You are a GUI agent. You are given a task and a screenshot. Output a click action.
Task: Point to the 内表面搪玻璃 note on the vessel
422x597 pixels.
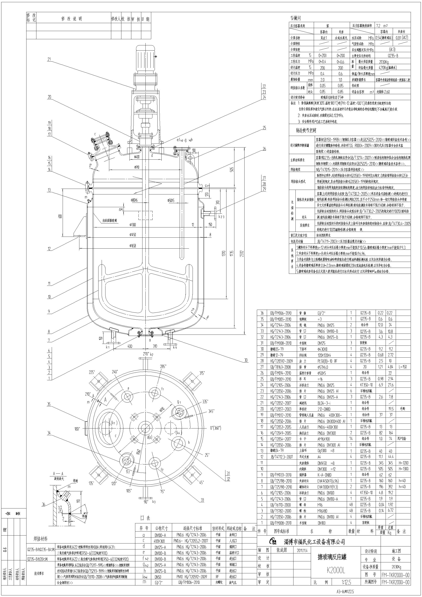tap(109, 220)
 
